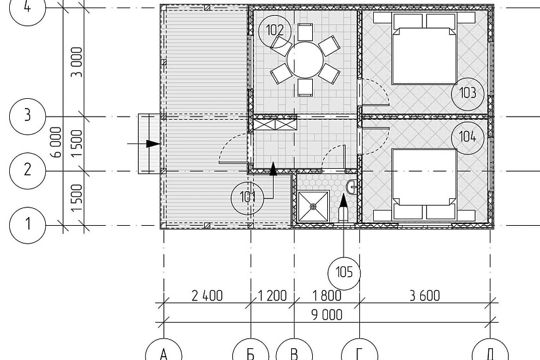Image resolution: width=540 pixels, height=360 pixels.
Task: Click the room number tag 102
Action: pyautogui.click(x=275, y=31)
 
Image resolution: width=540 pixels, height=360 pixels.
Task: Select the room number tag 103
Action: pyautogui.click(x=468, y=93)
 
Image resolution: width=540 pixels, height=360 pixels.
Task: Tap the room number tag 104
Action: pyautogui.click(x=468, y=137)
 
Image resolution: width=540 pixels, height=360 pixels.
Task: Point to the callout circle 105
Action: pyautogui.click(x=344, y=272)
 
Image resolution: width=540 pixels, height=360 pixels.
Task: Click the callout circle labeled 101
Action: pyautogui.click(x=247, y=198)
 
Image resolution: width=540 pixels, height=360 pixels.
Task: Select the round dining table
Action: pyautogui.click(x=305, y=60)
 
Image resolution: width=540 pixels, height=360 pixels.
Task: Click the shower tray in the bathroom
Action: pyautogui.click(x=314, y=206)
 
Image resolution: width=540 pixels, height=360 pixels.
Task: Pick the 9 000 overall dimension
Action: pyautogui.click(x=327, y=315)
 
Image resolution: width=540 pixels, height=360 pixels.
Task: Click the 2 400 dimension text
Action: pyautogui.click(x=207, y=296)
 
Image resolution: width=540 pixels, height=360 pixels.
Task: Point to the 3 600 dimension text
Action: pyautogui.click(x=425, y=296)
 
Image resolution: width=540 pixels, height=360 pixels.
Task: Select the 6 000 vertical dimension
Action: pyautogui.click(x=56, y=142)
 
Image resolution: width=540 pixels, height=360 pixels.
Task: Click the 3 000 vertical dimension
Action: pyautogui.click(x=77, y=62)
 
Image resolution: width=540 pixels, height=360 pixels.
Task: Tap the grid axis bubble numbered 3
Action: pyautogui.click(x=27, y=116)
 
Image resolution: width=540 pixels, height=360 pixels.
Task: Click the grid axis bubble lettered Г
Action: pyautogui.click(x=359, y=352)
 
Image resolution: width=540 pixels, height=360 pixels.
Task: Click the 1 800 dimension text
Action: pyautogui.click(x=327, y=296)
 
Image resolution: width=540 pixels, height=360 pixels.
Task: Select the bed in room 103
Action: pyautogui.click(x=425, y=48)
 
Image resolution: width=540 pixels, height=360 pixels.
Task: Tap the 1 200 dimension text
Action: pyautogui.click(x=272, y=296)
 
